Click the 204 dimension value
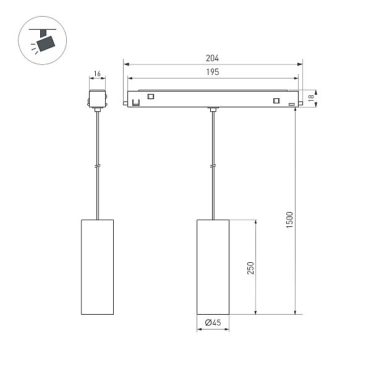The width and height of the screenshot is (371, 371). coord(212,58)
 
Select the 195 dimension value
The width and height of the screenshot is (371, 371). coord(213,72)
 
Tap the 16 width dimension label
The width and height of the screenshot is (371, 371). coord(97,74)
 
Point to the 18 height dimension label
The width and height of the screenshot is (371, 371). coord(311,98)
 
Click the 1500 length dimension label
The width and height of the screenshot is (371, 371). coord(289,220)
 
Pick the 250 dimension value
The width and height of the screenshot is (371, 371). coord(250,268)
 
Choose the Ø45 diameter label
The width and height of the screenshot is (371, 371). coord(213,323)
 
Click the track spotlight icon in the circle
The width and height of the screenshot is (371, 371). coord(43,40)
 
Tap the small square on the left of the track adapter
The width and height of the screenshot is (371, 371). coord(150,96)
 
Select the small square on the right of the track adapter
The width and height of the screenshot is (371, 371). coord(276,101)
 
